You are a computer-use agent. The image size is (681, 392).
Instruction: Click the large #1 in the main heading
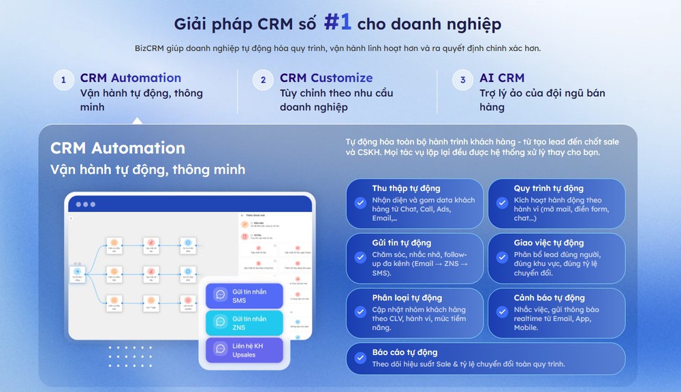pos(338,22)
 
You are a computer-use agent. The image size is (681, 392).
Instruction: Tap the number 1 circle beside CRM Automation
pos(63,80)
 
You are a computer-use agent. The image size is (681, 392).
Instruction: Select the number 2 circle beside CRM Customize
pos(263,80)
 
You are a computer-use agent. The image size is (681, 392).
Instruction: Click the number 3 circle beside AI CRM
pos(462,80)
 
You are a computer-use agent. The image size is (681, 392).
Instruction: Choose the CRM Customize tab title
pos(326,78)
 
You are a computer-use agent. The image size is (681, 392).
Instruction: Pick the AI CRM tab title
pos(502,78)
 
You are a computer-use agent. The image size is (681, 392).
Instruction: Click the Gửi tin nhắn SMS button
pos(244,296)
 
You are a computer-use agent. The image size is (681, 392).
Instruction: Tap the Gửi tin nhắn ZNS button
pos(244,322)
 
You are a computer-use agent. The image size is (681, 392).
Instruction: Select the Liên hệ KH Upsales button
pos(244,350)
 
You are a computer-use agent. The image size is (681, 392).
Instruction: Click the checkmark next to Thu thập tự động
pos(360,202)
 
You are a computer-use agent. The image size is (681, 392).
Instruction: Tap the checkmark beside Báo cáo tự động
pos(360,358)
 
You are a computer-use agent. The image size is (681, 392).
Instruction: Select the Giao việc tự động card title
pos(549,243)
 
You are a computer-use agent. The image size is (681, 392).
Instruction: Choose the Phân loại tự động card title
pos(407,298)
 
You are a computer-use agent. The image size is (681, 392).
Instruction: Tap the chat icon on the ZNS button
pos(220,322)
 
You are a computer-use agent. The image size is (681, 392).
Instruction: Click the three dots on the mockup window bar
pos(86,205)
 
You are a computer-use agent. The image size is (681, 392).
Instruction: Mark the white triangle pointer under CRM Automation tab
pos(138,121)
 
